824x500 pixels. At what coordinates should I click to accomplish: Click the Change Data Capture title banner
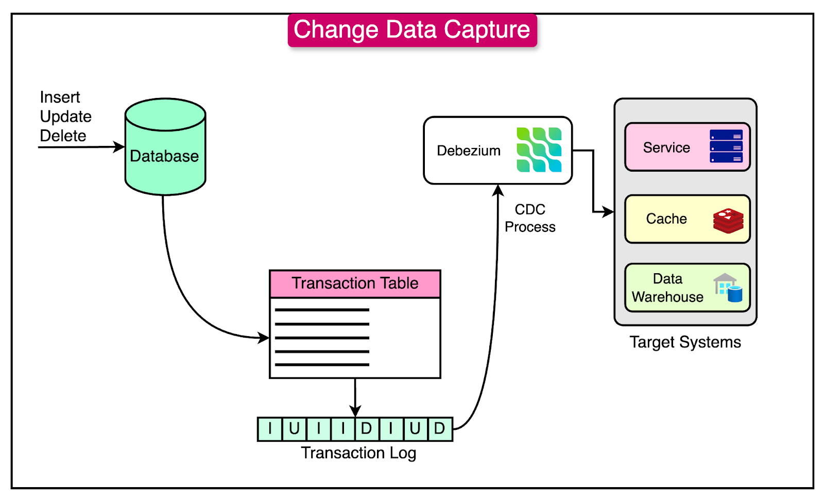pos(412,30)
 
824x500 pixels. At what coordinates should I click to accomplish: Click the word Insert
pos(60,97)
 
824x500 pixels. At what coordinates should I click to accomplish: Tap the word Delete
pos(63,136)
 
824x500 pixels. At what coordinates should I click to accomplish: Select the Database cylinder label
pos(164,156)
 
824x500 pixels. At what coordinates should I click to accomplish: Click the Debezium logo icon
pos(539,150)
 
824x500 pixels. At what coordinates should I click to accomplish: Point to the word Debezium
pos(468,151)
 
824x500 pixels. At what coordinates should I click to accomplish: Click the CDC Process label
pos(530,218)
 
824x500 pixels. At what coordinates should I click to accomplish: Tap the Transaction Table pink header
pos(355,284)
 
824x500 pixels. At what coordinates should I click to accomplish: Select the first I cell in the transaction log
pos(270,429)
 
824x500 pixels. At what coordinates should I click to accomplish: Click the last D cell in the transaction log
pos(439,429)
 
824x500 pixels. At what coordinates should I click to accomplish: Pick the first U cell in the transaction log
pos(294,429)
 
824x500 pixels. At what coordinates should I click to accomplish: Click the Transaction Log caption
pos(358,453)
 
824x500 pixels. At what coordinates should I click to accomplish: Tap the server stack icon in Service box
pos(726,146)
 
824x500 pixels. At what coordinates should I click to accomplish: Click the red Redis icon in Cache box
pos(728,221)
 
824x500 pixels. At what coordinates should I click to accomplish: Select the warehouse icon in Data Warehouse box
pos(728,288)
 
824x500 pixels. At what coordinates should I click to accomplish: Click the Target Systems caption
pos(685,342)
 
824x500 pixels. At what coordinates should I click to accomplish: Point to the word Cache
pos(666,219)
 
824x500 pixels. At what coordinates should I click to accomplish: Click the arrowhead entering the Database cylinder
pos(119,147)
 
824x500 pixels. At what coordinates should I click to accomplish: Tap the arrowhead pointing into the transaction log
pos(355,411)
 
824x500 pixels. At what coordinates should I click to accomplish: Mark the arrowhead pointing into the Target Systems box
pos(608,211)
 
